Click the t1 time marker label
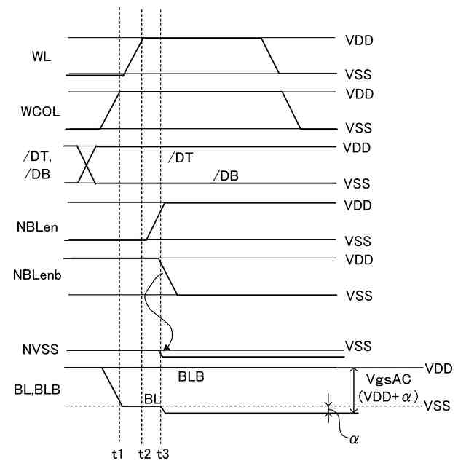118,453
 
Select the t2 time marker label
144,453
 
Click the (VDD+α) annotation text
387,398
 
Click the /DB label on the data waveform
226,175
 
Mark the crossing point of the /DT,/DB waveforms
87,165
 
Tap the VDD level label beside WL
359,40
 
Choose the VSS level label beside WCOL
359,128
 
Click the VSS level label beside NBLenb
359,296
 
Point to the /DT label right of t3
180,157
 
